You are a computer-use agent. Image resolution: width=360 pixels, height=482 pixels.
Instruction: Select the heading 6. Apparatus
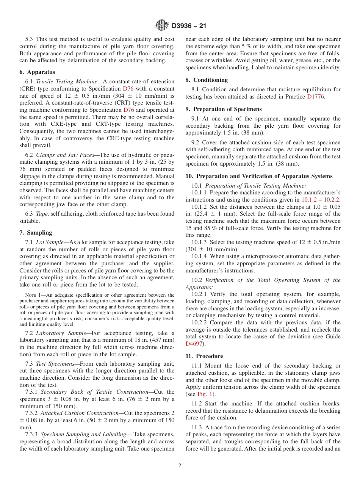click(x=37, y=72)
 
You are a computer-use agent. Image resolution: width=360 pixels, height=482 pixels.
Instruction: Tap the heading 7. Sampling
click(x=36, y=233)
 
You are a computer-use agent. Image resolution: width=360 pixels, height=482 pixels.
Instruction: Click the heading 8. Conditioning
click(x=207, y=80)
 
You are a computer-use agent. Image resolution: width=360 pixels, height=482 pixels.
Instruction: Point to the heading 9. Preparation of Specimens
click(x=223, y=109)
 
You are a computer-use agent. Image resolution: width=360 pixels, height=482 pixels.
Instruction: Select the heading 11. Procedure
click(x=204, y=356)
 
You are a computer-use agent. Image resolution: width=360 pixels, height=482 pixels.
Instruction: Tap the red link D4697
click(x=194, y=344)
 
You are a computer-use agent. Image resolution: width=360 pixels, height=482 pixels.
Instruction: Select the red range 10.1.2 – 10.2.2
click(x=320, y=200)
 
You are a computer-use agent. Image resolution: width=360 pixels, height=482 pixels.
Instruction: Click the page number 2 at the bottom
click(x=180, y=466)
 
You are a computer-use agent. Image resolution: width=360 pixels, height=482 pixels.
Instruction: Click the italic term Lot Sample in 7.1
click(x=50, y=242)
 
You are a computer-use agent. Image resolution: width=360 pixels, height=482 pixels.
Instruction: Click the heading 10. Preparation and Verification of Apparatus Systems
click(x=259, y=176)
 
